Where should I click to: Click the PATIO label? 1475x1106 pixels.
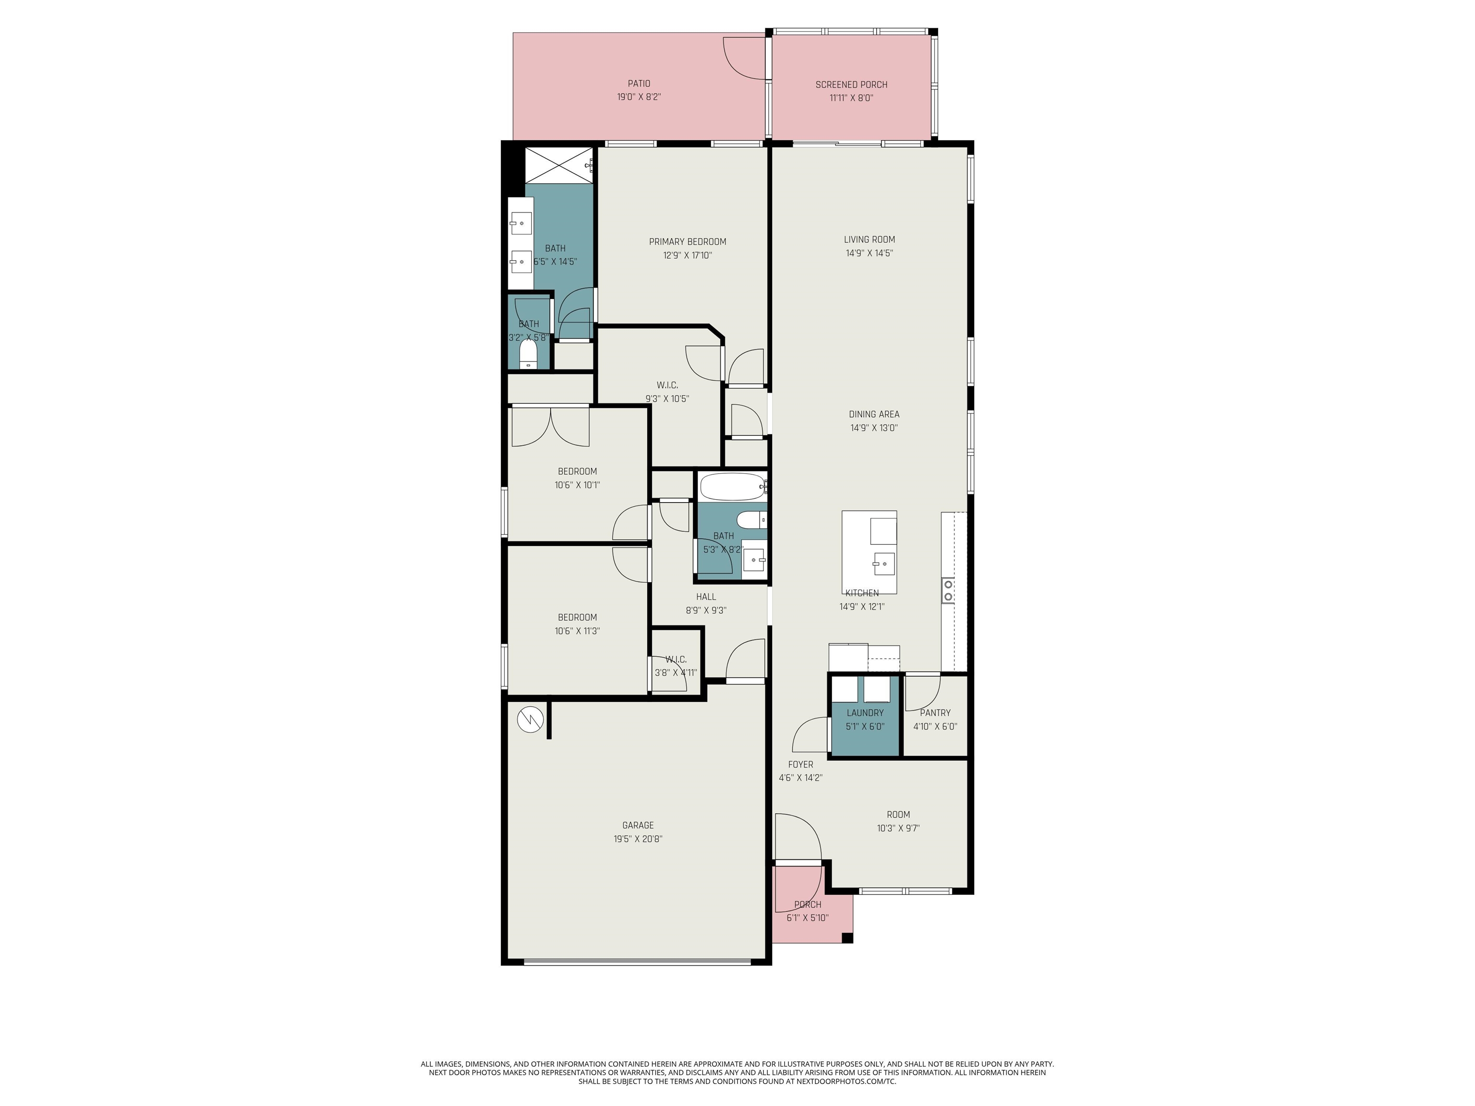638,84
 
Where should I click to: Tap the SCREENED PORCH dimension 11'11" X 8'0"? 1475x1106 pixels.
851,98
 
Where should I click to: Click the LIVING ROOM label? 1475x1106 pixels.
869,240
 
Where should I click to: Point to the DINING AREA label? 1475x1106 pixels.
873,414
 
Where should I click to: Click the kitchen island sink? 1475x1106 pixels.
883,564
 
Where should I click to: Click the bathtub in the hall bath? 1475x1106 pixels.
731,487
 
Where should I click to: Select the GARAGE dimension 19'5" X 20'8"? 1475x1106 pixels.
638,839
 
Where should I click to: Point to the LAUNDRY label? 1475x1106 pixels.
865,713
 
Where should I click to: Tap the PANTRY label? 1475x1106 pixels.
935,713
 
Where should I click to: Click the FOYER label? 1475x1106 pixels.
800,765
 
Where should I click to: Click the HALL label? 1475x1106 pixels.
705,597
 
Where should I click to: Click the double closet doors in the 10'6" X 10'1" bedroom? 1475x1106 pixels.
550,427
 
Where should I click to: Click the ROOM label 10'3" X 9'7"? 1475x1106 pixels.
897,814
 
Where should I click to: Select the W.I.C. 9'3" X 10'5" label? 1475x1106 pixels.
667,385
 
